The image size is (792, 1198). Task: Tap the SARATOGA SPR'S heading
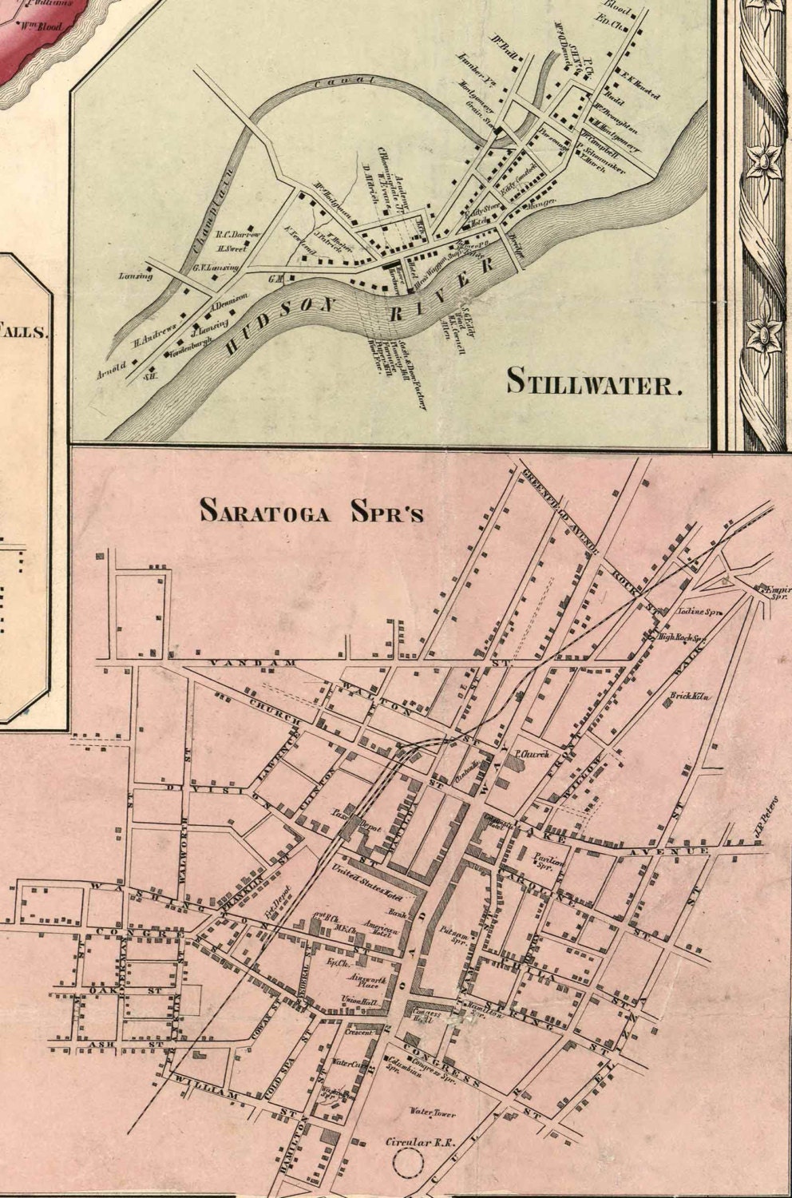point(311,510)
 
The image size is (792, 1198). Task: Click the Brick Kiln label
point(690,696)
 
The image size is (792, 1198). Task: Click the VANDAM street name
point(240,663)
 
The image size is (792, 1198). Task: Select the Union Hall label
point(359,1002)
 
